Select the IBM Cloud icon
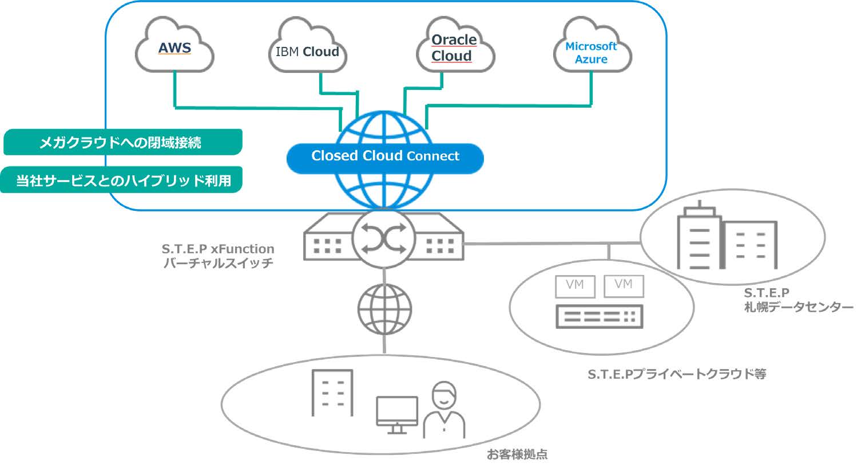pos(307,50)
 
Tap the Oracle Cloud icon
pos(454,48)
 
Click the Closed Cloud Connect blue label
pos(385,156)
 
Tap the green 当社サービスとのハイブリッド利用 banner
pos(121,180)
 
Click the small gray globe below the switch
pos(384,308)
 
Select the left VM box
pos(575,285)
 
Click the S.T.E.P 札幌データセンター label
pos(797,300)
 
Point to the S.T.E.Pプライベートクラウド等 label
pos(677,374)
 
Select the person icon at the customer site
pos(444,410)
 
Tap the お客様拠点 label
pos(517,454)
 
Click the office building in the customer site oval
pos(332,392)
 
